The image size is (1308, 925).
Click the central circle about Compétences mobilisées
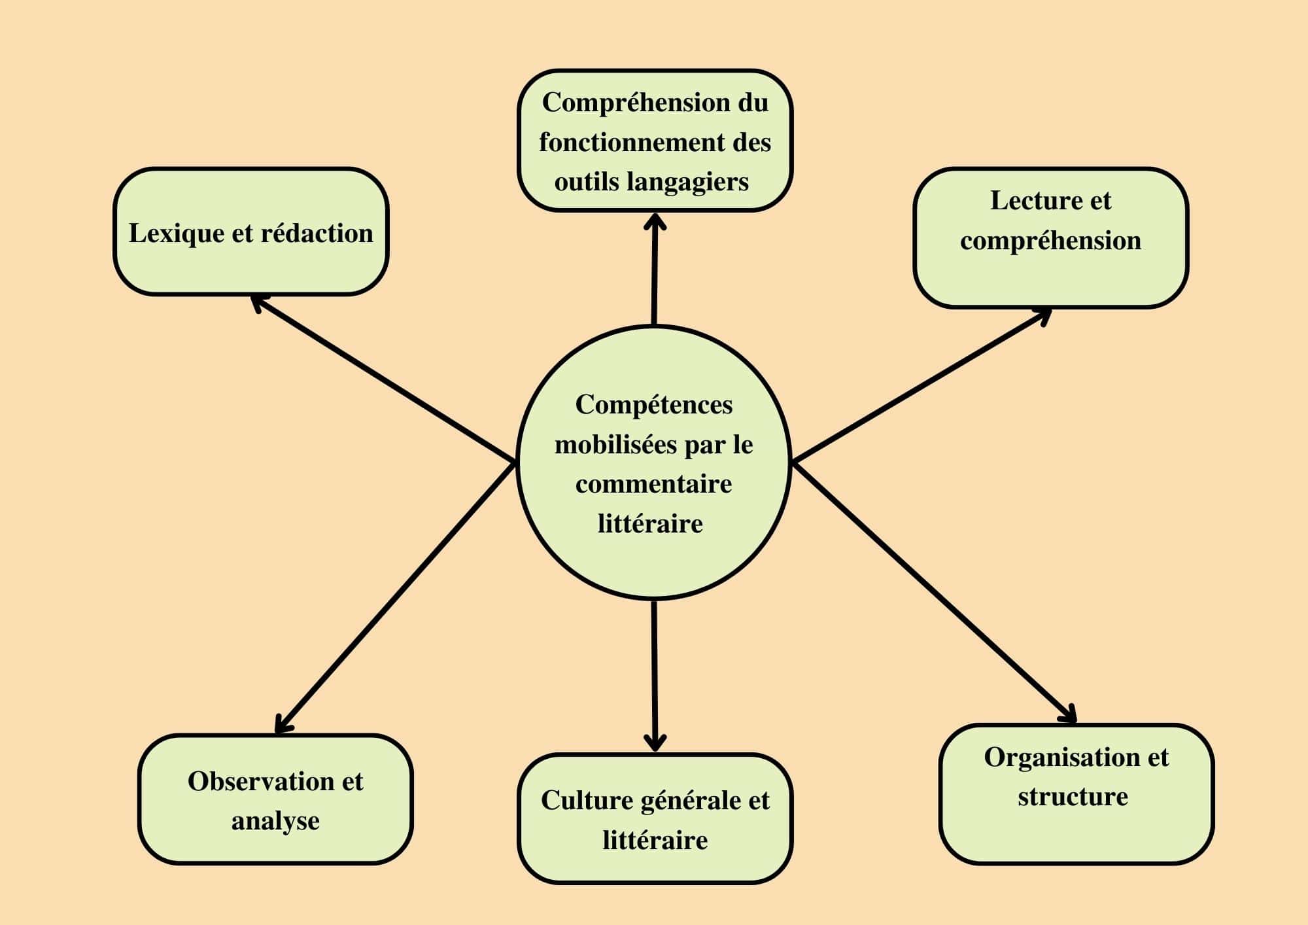(x=654, y=462)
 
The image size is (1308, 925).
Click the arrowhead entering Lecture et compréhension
(x=1044, y=315)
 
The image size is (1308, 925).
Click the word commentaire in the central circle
(x=654, y=484)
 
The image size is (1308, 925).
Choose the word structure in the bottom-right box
(x=1073, y=797)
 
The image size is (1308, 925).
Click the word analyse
(x=275, y=820)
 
